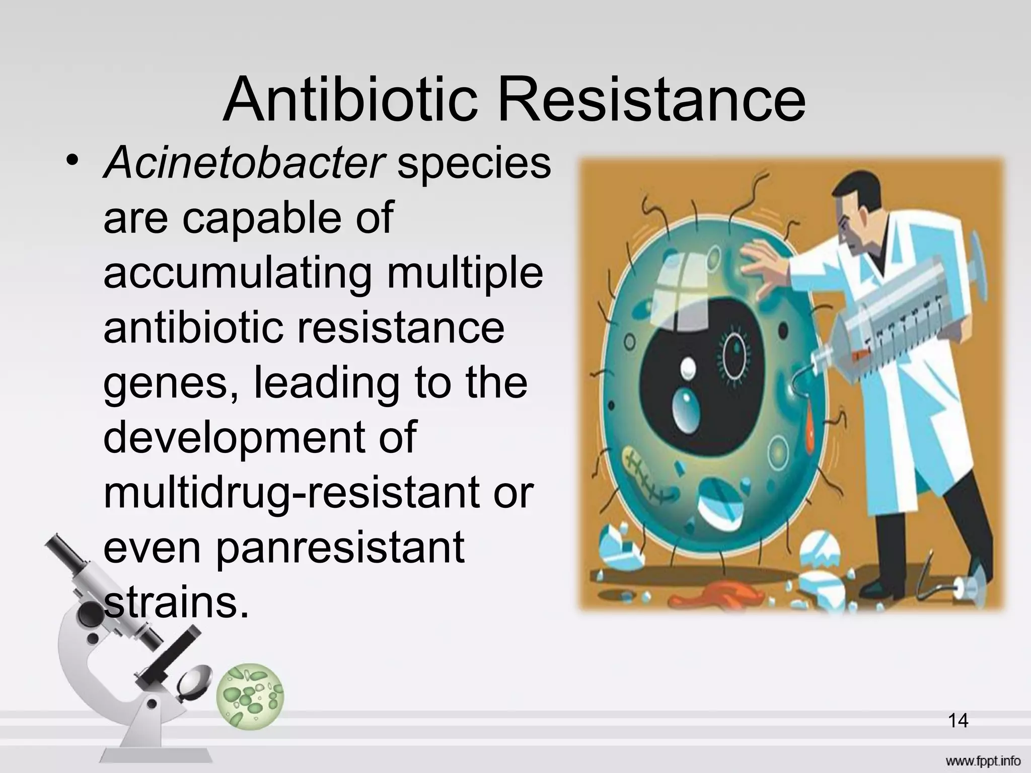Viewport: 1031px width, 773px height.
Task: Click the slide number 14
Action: tap(958, 721)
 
